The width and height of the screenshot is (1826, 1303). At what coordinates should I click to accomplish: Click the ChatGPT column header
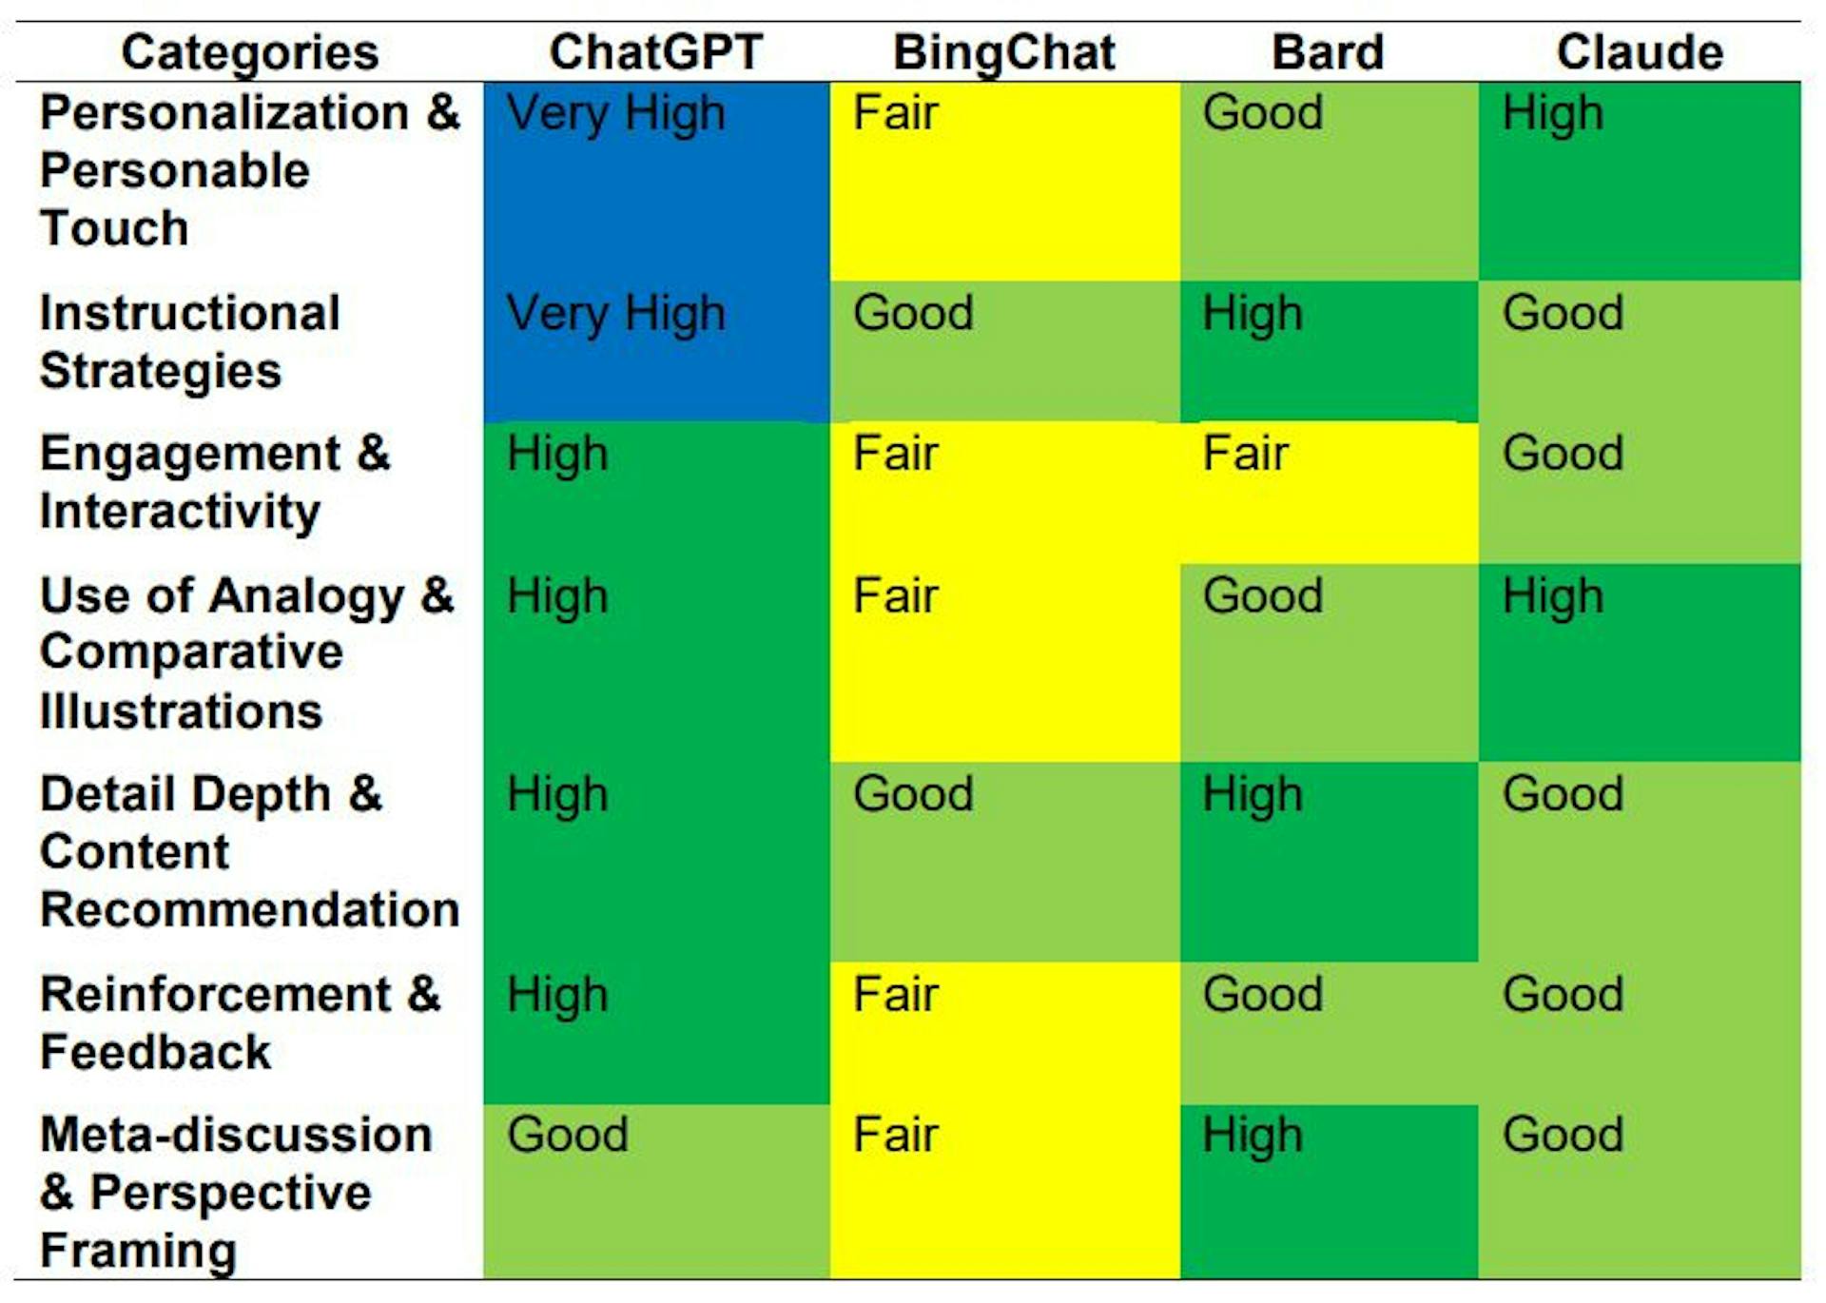point(656,52)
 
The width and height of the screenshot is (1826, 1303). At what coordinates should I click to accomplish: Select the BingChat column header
point(1003,52)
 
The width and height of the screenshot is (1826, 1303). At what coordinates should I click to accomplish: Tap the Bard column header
point(1328,52)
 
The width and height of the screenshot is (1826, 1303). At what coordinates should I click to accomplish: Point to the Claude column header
point(1639,52)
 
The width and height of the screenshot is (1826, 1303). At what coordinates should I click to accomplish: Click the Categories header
point(250,52)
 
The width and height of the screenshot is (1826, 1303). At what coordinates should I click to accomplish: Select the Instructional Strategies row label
point(190,341)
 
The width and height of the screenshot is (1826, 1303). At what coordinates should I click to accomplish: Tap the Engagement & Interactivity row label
point(215,481)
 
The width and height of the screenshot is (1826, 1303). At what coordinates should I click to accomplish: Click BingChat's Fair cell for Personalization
point(1004,181)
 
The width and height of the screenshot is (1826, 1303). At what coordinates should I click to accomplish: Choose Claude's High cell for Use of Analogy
point(1639,662)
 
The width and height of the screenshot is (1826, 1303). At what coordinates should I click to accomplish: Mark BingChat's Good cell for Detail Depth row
point(1004,861)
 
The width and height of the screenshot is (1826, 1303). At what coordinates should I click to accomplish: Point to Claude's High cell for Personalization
point(1639,181)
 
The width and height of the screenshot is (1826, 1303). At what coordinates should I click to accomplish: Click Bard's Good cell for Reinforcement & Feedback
point(1328,1032)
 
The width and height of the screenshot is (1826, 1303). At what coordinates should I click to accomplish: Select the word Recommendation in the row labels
point(250,909)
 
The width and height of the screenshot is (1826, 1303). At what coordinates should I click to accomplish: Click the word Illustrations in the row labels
point(181,711)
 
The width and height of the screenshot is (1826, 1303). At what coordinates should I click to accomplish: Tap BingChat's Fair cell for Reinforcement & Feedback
point(1004,1032)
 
